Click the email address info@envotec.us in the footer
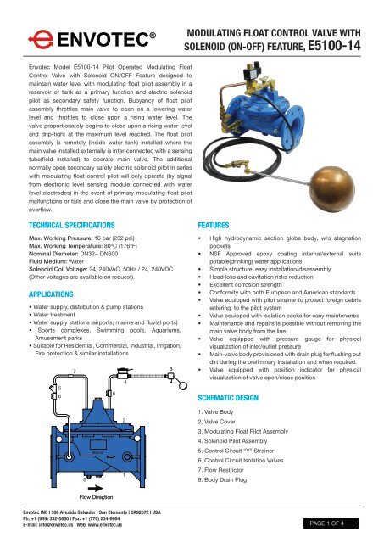pos(68,531)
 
